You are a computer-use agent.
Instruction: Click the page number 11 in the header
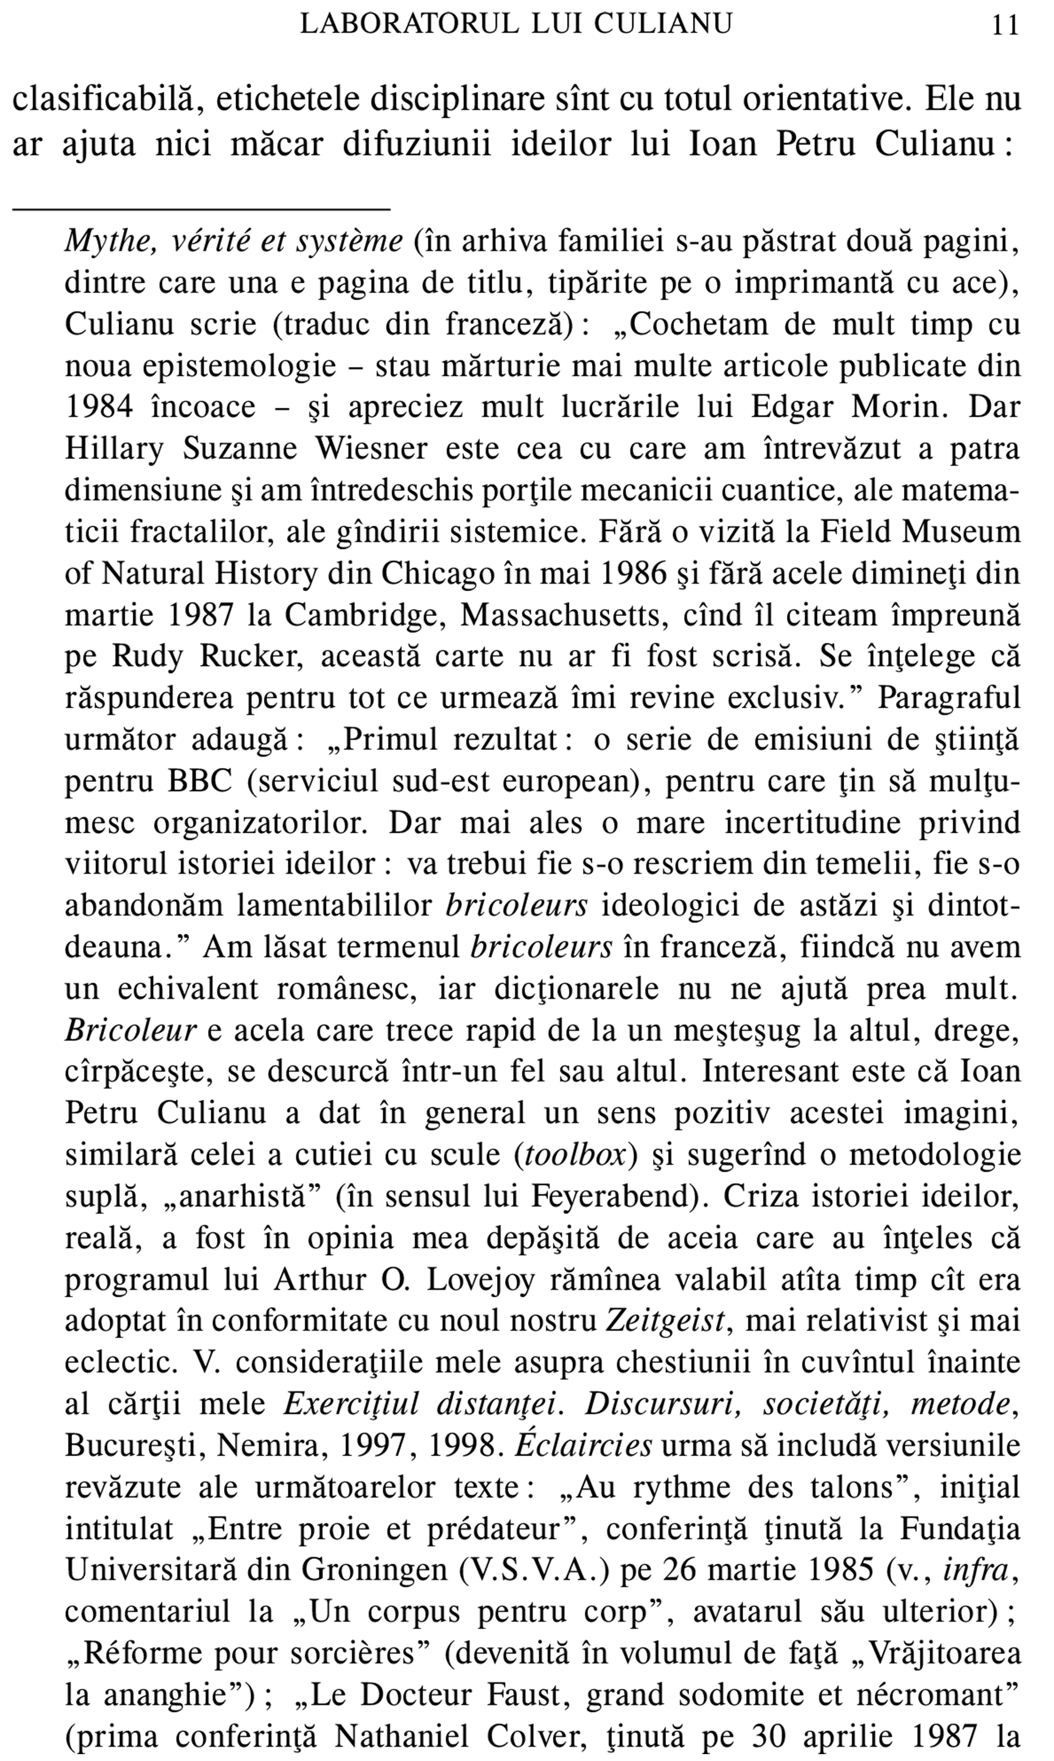pos(1005,26)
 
